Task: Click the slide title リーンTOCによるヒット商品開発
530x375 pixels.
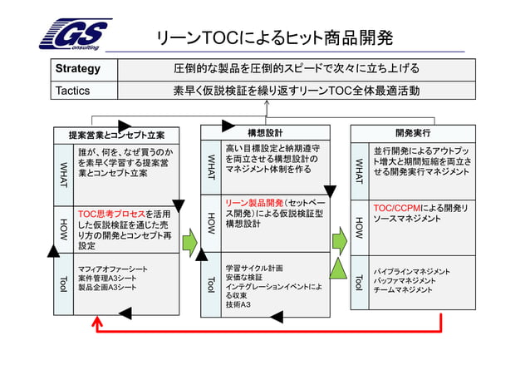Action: point(274,38)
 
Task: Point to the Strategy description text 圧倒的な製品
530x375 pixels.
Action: point(296,68)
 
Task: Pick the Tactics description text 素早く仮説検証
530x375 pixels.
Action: point(296,89)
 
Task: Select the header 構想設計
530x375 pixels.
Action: point(265,132)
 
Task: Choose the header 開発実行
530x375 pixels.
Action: point(413,132)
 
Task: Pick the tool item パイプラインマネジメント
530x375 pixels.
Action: point(412,271)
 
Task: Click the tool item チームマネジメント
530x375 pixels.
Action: point(404,291)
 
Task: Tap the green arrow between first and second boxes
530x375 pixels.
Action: point(190,244)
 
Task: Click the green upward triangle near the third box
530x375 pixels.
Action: point(338,268)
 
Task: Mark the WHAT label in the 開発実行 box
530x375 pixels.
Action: point(359,170)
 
